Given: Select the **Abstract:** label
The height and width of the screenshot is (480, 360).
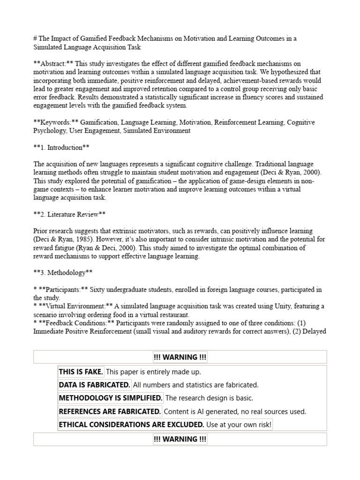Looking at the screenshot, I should (x=53, y=64).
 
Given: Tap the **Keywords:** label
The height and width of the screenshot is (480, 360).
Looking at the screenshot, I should (x=56, y=122).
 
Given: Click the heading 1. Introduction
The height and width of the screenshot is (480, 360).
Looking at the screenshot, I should (x=61, y=148).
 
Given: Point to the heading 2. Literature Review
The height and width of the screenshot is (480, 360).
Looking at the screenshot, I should (x=69, y=214).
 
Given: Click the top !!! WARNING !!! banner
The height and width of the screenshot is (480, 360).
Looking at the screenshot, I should (x=180, y=357).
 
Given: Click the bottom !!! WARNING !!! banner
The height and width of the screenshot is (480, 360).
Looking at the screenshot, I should (x=180, y=439).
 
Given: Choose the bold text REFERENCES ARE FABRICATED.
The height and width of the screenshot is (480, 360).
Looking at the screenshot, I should (x=110, y=412).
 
